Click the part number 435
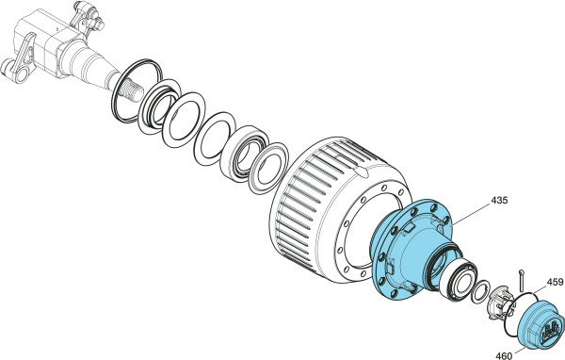pos(499,200)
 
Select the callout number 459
pos(555,282)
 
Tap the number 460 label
pos(504,355)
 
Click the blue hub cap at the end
pos(541,324)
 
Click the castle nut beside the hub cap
pos(500,303)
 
